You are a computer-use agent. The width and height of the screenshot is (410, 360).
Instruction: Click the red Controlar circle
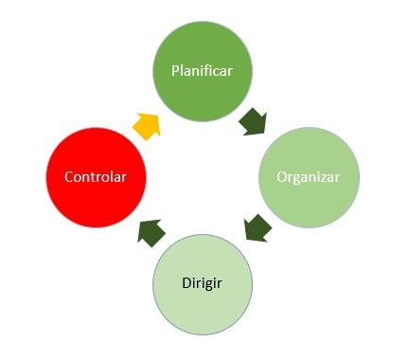[96, 177]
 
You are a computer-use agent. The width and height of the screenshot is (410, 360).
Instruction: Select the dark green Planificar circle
[202, 71]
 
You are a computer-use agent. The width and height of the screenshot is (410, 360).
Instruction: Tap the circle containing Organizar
[310, 177]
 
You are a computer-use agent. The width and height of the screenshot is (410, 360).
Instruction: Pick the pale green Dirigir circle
[203, 283]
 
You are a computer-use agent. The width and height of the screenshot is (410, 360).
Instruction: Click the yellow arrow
[146, 125]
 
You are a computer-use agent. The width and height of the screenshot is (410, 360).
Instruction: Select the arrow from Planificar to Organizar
[253, 121]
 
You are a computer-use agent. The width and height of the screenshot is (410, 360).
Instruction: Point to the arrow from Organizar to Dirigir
[257, 228]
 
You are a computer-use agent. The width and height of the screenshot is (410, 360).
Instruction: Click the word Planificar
[202, 71]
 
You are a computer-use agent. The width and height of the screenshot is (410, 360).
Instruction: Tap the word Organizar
[309, 177]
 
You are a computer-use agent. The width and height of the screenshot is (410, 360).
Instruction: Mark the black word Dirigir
[203, 283]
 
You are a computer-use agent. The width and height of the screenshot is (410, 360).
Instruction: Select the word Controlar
[96, 177]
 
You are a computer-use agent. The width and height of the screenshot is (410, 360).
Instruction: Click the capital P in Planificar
[174, 71]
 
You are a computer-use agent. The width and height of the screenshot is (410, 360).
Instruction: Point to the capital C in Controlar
[68, 177]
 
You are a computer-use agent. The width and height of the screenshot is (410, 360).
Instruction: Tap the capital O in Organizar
[281, 177]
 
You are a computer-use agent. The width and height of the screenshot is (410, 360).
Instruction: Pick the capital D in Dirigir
[185, 283]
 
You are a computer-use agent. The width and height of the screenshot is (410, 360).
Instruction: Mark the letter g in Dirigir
[209, 285]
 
